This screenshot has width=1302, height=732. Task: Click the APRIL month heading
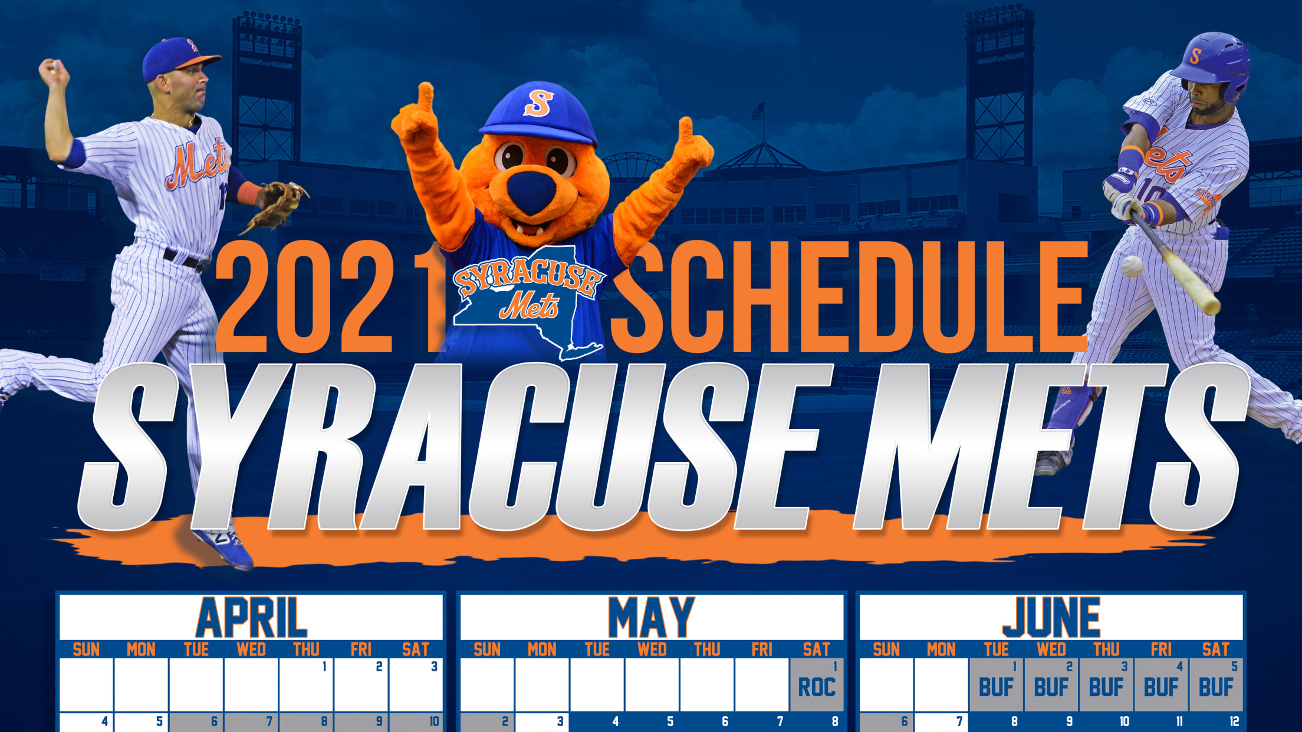click(x=252, y=617)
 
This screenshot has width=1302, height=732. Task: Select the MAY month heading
click(x=652, y=617)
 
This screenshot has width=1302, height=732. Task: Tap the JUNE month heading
click(x=1051, y=617)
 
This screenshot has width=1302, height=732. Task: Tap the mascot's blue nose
click(x=531, y=189)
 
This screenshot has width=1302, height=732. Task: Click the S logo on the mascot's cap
click(x=538, y=103)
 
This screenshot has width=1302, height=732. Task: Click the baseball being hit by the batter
click(x=1132, y=266)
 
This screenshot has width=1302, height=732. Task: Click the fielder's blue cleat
click(x=224, y=548)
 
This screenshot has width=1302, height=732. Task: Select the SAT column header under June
click(x=1216, y=649)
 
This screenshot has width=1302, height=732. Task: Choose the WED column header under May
click(x=652, y=649)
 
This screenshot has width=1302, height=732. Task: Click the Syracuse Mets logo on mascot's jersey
click(x=528, y=301)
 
